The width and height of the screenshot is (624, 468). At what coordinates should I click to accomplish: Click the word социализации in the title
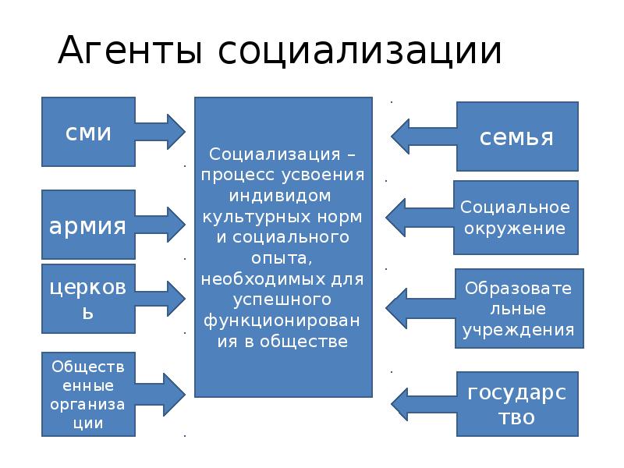[360, 51]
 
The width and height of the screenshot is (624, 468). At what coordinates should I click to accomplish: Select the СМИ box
[88, 132]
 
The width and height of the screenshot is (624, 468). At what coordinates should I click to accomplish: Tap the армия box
[88, 226]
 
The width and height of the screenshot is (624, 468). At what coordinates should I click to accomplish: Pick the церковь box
[88, 299]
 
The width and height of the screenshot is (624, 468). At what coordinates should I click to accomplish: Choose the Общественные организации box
[88, 394]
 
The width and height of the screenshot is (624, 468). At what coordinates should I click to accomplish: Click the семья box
[516, 136]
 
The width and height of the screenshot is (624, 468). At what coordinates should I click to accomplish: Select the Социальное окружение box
[515, 218]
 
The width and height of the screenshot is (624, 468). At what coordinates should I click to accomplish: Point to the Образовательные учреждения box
[518, 309]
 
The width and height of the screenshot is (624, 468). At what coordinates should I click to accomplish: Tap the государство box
[516, 403]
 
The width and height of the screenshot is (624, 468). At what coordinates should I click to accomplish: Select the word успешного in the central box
[282, 300]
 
